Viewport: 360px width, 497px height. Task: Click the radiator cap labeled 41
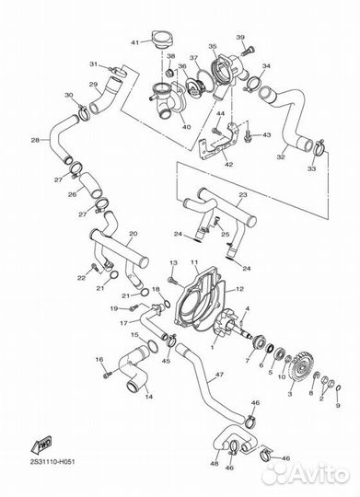(162, 40)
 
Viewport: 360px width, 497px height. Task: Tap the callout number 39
(240, 38)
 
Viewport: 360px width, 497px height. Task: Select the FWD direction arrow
(41, 445)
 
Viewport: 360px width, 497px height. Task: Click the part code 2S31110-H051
(52, 462)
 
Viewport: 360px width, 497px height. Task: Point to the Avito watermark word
(319, 473)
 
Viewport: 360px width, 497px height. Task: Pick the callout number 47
(219, 375)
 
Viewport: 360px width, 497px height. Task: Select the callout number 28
(35, 140)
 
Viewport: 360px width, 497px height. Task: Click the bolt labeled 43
(248, 136)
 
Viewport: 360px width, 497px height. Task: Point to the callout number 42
(228, 165)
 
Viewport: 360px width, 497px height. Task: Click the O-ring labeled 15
(152, 345)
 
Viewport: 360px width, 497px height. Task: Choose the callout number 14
(149, 397)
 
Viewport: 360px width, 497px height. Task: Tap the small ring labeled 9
(338, 388)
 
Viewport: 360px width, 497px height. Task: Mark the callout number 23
(243, 195)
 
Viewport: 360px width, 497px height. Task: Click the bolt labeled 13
(171, 280)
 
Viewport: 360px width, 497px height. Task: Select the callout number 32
(281, 156)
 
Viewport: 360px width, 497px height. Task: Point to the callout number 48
(215, 463)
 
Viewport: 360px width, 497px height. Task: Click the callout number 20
(134, 234)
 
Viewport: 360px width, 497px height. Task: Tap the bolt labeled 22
(94, 267)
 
